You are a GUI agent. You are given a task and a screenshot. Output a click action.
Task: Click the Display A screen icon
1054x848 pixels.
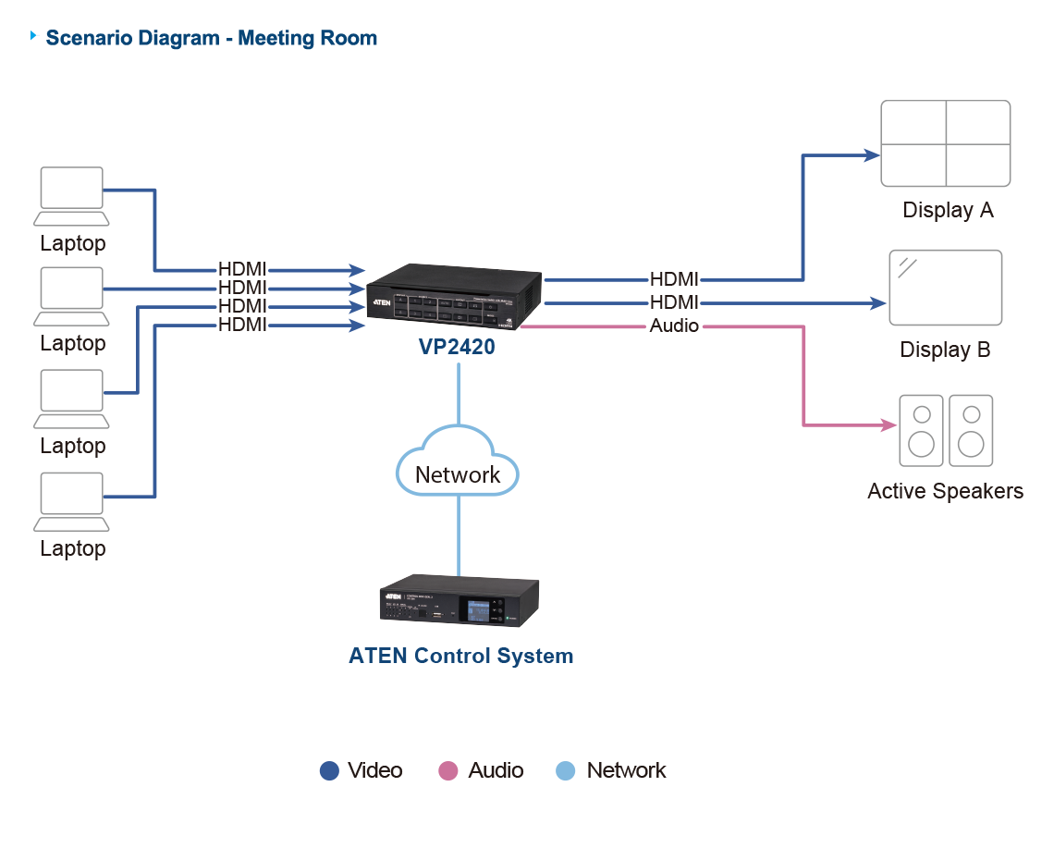pos(945,144)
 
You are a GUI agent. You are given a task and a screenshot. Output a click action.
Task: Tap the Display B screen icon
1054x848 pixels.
pos(945,288)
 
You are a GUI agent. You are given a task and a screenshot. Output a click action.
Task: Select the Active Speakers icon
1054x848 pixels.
pos(946,431)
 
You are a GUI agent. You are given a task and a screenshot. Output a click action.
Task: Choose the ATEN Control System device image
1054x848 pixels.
pos(460,603)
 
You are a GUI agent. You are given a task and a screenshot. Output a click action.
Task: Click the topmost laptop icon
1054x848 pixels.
pos(71,195)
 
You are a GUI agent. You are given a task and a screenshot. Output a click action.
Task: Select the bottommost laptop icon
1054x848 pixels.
pos(71,501)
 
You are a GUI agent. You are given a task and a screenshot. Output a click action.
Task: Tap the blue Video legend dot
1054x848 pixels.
pos(329,771)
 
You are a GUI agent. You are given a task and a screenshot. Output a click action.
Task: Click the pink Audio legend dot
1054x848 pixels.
pos(448,771)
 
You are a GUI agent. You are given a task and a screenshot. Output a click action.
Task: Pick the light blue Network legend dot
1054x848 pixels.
pos(566,771)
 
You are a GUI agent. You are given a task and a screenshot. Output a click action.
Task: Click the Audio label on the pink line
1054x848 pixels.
pos(674,326)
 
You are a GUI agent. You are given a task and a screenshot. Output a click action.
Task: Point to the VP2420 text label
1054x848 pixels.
pos(457,349)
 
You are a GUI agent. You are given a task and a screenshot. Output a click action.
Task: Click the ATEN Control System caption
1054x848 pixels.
pos(460,657)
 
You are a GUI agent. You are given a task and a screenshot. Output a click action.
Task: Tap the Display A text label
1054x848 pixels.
pos(947,211)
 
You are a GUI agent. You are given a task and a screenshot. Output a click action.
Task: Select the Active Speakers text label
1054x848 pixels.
pos(945,491)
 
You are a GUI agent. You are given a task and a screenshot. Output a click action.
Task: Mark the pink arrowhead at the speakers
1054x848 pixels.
pos(889,425)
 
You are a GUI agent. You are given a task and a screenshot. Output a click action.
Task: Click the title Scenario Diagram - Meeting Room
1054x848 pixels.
pos(212,39)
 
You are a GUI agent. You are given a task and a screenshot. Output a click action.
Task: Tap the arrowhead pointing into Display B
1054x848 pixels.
pos(879,302)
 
